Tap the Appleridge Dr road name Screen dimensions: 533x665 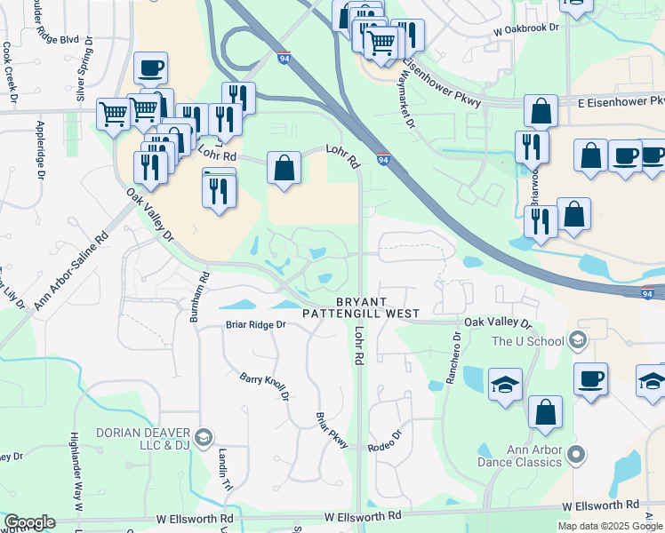[x=41, y=150]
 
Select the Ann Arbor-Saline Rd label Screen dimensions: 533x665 [x=71, y=270]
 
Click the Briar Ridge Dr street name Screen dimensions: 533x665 [x=255, y=325]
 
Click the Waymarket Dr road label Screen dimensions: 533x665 [x=405, y=104]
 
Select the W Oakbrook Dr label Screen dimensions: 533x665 [x=530, y=28]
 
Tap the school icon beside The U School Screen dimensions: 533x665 [x=578, y=340]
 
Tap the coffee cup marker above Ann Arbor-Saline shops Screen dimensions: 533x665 [x=150, y=68]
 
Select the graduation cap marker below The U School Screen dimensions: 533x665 [x=505, y=386]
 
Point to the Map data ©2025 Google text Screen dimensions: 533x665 [x=610, y=526]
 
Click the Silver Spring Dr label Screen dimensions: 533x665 [x=82, y=70]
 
